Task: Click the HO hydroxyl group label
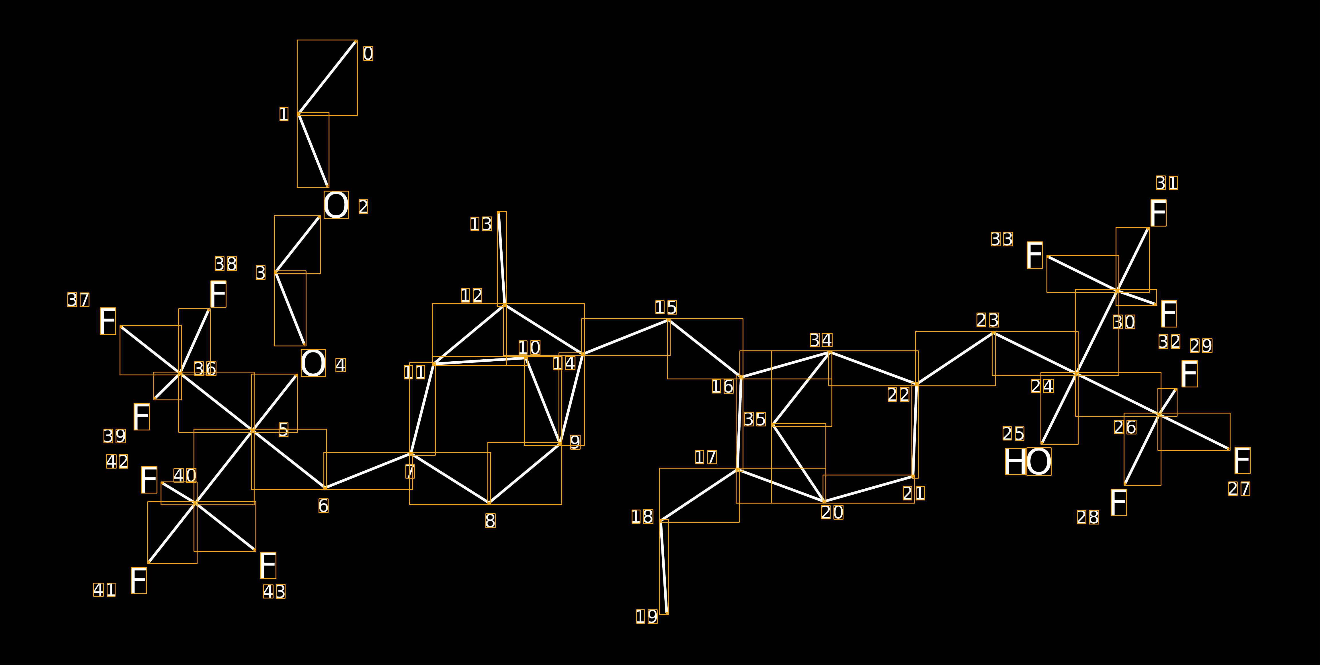pos(1027,462)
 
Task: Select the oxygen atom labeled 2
pos(336,205)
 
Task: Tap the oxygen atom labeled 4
pos(313,363)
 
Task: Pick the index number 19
pos(647,616)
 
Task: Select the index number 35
pos(755,419)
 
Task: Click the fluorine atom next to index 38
pos(218,294)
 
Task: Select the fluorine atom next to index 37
pos(108,321)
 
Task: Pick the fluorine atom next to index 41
pos(138,580)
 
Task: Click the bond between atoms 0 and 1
pos(327,77)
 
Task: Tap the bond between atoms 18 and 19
pos(664,567)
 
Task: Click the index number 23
pos(987,320)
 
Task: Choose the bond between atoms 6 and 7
pos(368,470)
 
